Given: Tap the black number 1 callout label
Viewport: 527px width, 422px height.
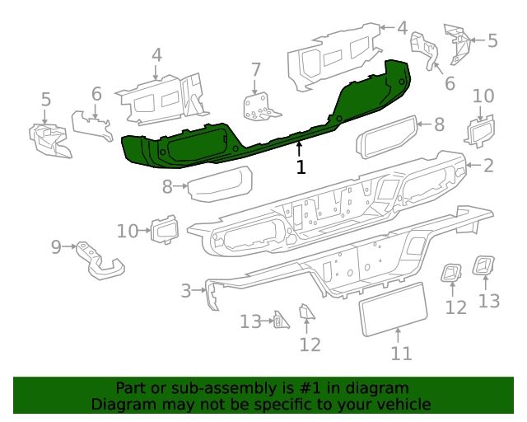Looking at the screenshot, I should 301,167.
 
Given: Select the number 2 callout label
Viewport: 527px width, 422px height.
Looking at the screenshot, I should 488,166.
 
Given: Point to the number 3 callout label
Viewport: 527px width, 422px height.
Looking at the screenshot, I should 186,290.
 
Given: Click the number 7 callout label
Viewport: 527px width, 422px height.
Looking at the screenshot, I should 256,69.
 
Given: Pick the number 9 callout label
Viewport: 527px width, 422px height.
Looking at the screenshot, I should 56,246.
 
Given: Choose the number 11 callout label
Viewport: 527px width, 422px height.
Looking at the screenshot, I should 400,354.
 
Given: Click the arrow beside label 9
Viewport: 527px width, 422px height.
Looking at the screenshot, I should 70,246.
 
